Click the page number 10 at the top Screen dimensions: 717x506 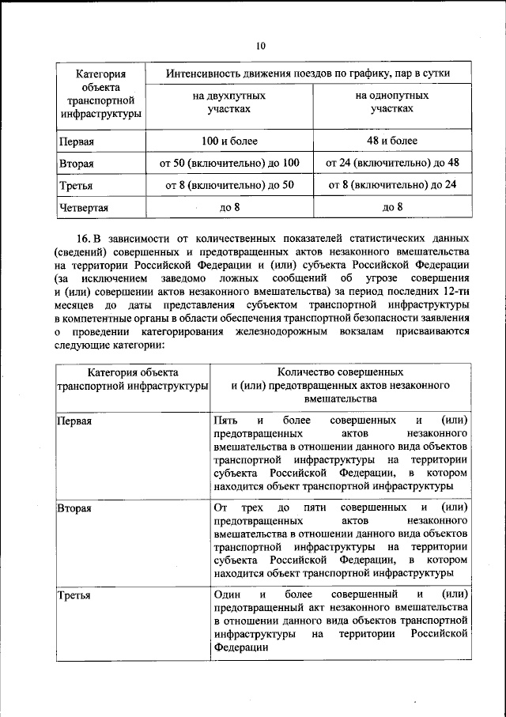click(x=260, y=45)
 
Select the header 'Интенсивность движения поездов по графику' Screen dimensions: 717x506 click(x=308, y=74)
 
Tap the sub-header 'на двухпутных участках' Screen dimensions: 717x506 click(x=229, y=103)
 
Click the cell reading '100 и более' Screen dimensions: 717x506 click(x=229, y=142)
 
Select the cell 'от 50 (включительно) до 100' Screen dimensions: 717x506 click(x=229, y=164)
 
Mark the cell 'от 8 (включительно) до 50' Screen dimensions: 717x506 click(x=229, y=186)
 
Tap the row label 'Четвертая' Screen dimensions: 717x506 click(x=83, y=209)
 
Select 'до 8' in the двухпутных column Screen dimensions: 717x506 click(x=229, y=208)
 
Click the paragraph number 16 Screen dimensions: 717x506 click(x=83, y=238)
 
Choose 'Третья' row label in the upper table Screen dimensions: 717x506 click(x=77, y=187)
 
